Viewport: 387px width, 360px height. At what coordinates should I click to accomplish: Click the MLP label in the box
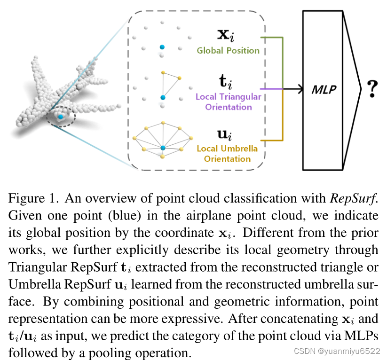(x=324, y=88)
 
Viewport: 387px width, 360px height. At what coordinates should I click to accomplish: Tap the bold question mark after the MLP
(x=373, y=89)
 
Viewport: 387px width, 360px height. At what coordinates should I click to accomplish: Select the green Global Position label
(x=228, y=50)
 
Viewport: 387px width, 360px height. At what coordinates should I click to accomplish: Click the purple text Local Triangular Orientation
(x=228, y=102)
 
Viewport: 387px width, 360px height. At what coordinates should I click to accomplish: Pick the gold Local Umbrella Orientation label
(x=227, y=154)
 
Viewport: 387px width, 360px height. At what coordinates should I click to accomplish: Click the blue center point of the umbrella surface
(x=162, y=148)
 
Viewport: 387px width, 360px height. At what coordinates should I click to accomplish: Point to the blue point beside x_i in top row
(x=162, y=47)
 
